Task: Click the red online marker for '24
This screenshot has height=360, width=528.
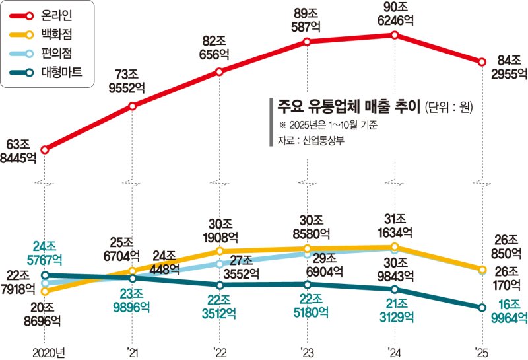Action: (395, 35)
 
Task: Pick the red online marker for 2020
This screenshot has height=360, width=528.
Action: (45, 150)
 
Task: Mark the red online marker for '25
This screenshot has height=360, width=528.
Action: (482, 63)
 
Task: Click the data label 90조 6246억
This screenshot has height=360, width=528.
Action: (394, 13)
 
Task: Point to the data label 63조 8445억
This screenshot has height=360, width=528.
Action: (19, 150)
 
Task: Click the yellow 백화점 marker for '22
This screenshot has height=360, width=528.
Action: (220, 251)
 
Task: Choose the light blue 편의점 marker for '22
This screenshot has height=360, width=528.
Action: (220, 264)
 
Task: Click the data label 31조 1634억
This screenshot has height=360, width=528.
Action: (394, 225)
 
